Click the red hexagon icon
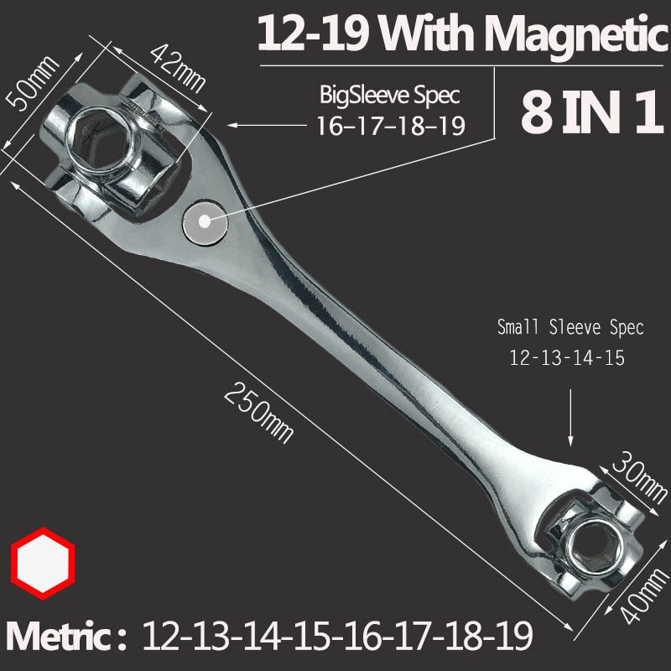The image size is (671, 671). (x=43, y=563)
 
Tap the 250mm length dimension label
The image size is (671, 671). (x=258, y=413)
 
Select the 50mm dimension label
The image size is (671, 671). (x=32, y=82)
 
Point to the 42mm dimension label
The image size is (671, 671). (x=178, y=69)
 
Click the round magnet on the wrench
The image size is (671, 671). (x=205, y=221)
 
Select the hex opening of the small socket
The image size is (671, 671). (x=593, y=548)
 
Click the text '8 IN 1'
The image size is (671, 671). (x=592, y=112)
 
